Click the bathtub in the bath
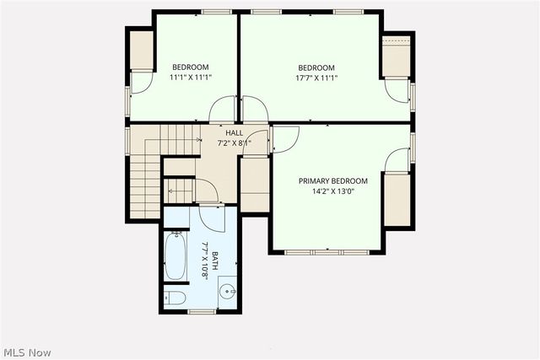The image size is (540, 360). [176, 255]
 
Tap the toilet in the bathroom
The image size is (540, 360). [174, 297]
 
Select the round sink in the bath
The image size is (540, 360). [226, 293]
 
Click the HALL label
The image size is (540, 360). [234, 132]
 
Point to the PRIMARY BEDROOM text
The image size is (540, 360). [332, 181]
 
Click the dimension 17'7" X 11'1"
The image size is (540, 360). [316, 78]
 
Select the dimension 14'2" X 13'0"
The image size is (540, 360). [332, 191]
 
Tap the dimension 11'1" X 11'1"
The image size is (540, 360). [191, 78]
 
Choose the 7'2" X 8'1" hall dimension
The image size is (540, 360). [234, 142]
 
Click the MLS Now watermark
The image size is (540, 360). [27, 351]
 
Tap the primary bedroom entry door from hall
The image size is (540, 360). [283, 139]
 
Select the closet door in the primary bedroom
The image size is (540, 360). [395, 160]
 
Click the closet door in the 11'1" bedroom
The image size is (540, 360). [143, 81]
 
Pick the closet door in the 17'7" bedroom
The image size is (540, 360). [397, 90]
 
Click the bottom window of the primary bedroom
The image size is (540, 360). [324, 251]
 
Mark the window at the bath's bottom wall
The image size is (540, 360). [201, 311]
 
